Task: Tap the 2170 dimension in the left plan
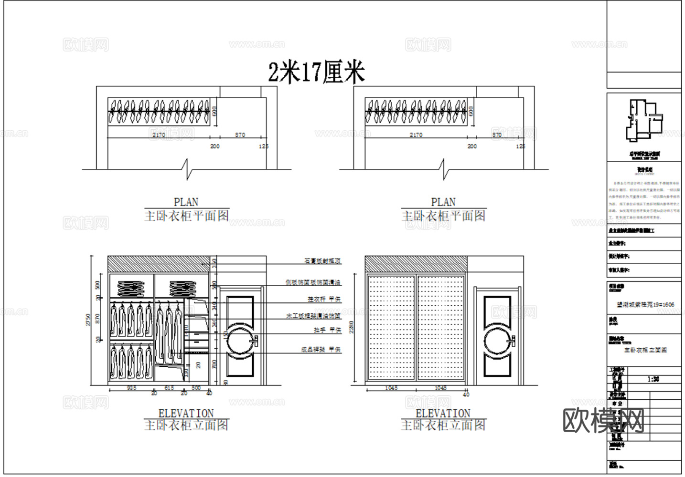click(x=159, y=135)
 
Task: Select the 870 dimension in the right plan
click(x=497, y=135)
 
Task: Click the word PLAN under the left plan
click(x=186, y=202)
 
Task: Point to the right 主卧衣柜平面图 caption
click(x=443, y=216)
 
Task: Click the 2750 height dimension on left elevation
click(x=88, y=320)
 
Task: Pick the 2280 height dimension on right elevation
click(x=352, y=327)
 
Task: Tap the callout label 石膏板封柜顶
click(x=323, y=261)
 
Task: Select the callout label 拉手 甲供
click(x=327, y=330)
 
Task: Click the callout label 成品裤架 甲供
click(x=321, y=350)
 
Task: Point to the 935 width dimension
click(x=131, y=388)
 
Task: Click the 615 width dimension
click(x=169, y=388)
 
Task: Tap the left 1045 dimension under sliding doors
click(x=391, y=388)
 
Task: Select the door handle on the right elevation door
click(x=512, y=341)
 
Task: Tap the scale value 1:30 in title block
click(x=653, y=379)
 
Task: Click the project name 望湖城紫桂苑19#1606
click(x=645, y=304)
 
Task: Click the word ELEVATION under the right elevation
click(x=443, y=413)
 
